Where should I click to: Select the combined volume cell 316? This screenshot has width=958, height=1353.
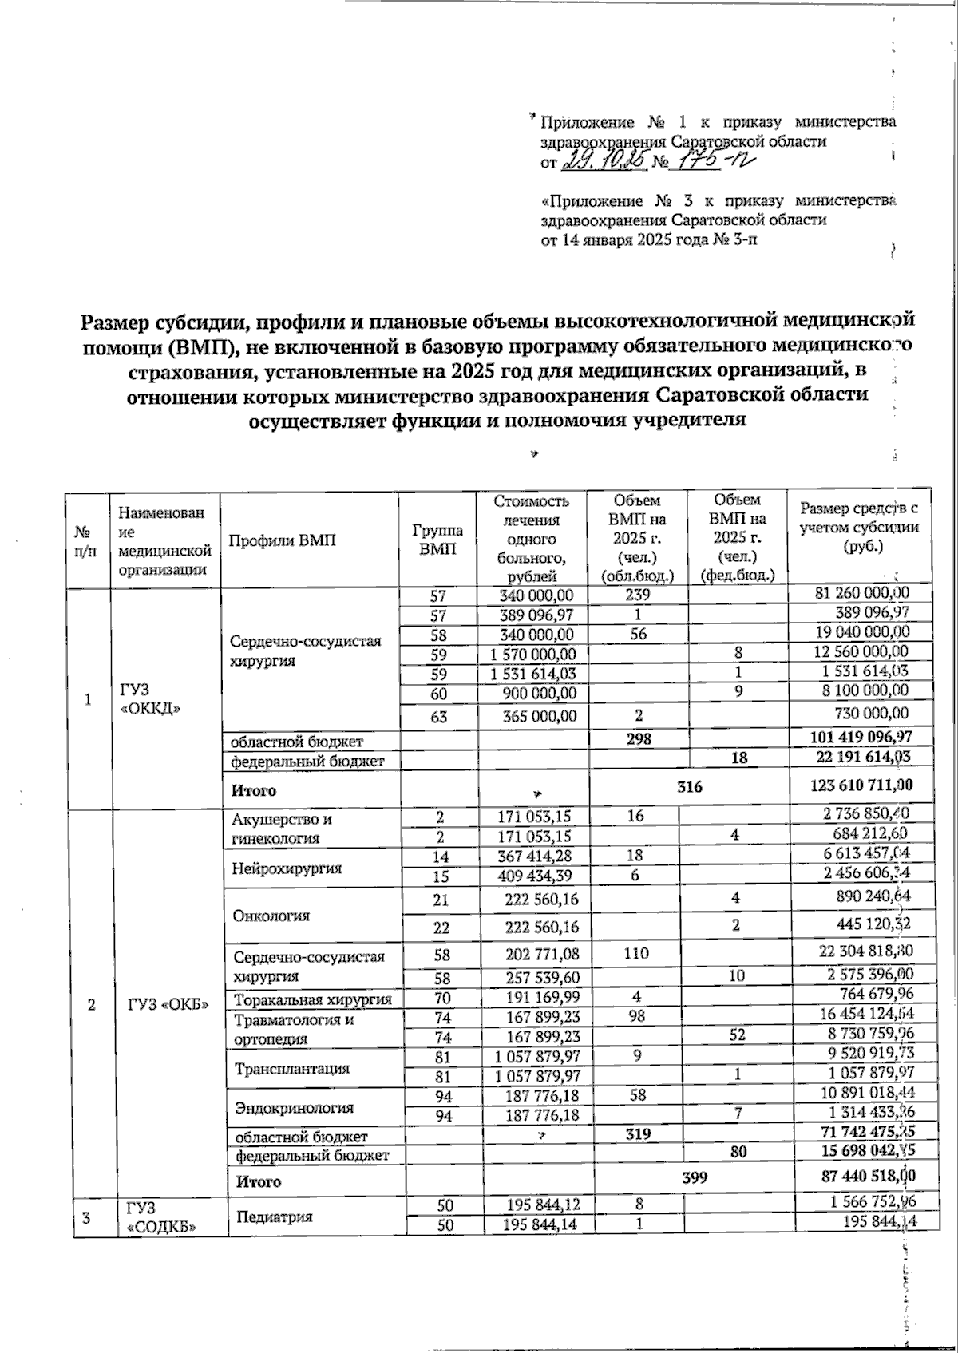point(689,787)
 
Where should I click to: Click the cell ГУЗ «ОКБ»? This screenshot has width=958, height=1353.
point(168,1004)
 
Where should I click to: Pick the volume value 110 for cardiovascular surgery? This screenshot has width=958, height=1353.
point(637,953)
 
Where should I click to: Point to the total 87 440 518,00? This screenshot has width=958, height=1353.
point(857,1176)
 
